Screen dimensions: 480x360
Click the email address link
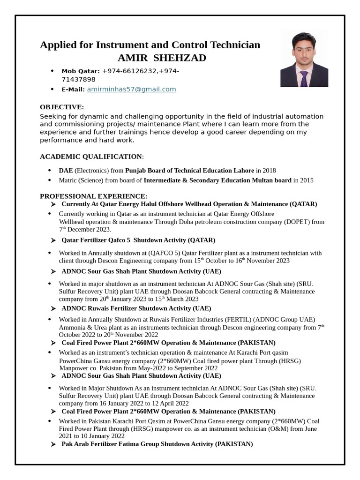(x=131, y=89)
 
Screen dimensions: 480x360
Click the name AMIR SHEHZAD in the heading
(x=162, y=58)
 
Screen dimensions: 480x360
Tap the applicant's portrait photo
(x=304, y=60)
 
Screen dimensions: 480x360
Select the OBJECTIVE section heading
(x=62, y=107)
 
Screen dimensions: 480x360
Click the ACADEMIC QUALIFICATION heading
(x=91, y=156)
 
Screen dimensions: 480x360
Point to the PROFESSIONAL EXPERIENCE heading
(x=93, y=196)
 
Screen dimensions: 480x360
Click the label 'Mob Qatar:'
(x=81, y=71)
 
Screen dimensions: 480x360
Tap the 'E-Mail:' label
(x=73, y=90)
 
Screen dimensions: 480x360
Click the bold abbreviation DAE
(x=66, y=170)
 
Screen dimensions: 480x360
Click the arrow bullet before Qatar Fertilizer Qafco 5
(x=53, y=240)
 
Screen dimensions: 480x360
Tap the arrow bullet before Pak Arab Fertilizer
(x=53, y=444)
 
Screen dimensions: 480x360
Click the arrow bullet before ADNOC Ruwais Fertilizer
(x=53, y=308)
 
